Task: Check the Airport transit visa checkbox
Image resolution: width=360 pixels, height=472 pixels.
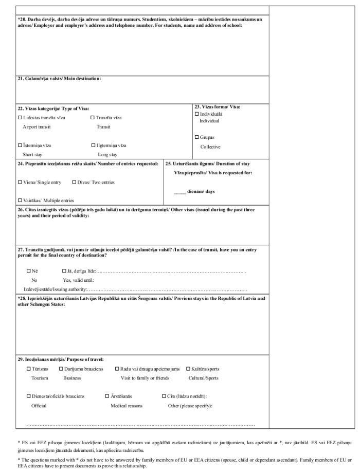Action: coord(20,118)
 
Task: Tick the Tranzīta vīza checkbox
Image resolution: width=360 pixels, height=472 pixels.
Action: coord(93,118)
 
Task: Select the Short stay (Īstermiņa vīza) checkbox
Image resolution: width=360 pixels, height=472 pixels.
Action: coord(20,146)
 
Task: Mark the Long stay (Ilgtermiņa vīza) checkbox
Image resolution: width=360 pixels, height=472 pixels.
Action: coord(93,146)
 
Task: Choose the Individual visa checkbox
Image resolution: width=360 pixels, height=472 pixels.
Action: coord(196,114)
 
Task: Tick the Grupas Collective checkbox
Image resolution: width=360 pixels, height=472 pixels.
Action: coord(196,137)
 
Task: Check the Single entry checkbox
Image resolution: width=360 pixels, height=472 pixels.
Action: coord(20,183)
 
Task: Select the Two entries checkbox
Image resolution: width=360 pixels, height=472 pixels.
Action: coord(74,183)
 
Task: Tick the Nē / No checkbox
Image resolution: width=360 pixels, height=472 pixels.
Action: coord(29,271)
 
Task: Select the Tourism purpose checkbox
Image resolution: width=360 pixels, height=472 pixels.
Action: coord(29,369)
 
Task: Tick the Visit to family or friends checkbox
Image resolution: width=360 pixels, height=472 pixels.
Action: coord(117,369)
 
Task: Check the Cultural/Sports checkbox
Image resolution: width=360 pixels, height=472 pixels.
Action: coord(188,369)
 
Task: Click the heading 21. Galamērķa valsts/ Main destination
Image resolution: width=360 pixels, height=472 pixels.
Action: coord(59,79)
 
